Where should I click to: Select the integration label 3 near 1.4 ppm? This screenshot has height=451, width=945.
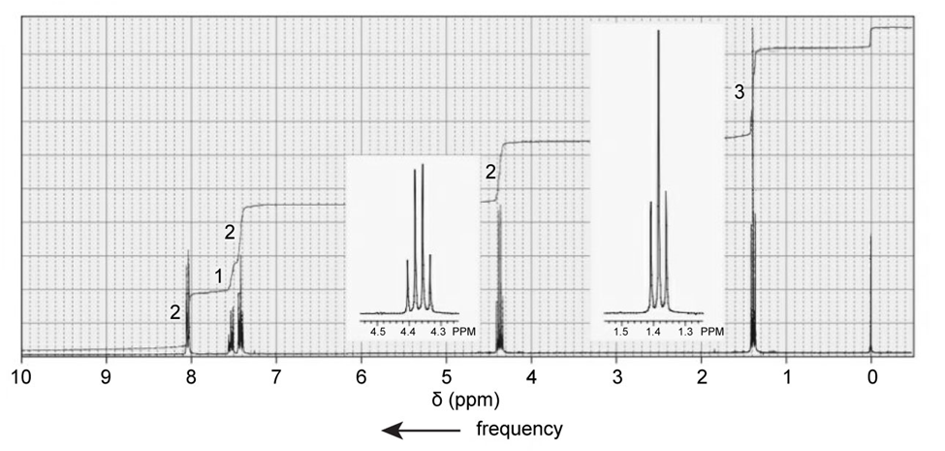740,93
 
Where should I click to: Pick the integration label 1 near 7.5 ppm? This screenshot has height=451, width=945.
220,276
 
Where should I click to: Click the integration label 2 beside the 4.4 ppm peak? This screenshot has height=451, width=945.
490,173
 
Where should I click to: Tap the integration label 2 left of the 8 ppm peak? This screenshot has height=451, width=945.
174,312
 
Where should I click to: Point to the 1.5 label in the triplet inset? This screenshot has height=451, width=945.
622,331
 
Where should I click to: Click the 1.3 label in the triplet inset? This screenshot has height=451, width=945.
683,331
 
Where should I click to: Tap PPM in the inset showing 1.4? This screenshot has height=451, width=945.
712,331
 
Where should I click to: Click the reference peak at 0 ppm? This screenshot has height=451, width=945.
870,291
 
